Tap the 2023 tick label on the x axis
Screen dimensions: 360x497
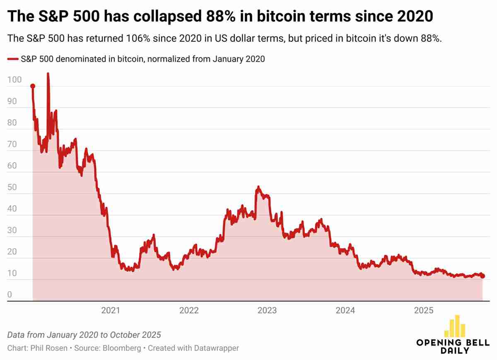[x=267, y=310]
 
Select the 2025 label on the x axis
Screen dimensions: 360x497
[x=424, y=310]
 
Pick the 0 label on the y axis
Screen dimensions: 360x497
[x=10, y=295]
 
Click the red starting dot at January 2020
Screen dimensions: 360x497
[x=33, y=86]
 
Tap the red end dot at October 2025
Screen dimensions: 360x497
[x=483, y=276]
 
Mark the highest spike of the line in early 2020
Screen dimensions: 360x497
[x=48, y=74]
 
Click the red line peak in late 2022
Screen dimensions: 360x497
[x=258, y=187]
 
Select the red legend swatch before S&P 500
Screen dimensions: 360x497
[x=13, y=59]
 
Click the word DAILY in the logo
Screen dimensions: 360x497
[x=454, y=350]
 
